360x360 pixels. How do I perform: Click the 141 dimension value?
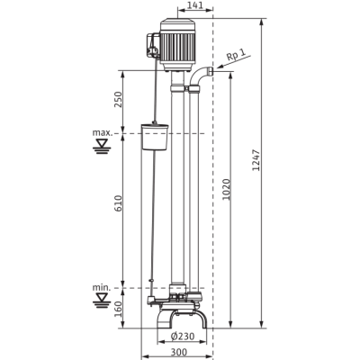pyautogui.click(x=195, y=5)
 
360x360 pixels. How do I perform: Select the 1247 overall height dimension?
pyautogui.click(x=256, y=159)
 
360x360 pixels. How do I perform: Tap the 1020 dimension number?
pyautogui.click(x=227, y=190)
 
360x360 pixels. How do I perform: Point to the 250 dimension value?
pyautogui.click(x=119, y=99)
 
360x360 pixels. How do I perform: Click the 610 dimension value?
pyautogui.click(x=119, y=203)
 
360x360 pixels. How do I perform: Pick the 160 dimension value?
pyautogui.click(x=119, y=310)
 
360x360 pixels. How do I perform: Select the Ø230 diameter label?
pyautogui.click(x=183, y=337)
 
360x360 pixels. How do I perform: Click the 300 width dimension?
pyautogui.click(x=179, y=352)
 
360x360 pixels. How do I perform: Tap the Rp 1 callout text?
pyautogui.click(x=236, y=54)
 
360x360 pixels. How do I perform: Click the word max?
pyautogui.click(x=103, y=132)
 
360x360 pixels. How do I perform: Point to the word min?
pyautogui.click(x=102, y=287)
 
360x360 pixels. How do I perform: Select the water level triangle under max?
pyautogui.click(x=102, y=145)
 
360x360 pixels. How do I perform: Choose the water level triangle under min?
pyautogui.click(x=102, y=300)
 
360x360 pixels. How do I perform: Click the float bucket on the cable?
pyautogui.click(x=155, y=137)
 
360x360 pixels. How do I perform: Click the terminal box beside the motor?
pyautogui.click(x=153, y=45)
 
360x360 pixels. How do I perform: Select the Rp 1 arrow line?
pyautogui.click(x=232, y=62)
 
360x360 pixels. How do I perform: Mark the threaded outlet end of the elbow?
pyautogui.click(x=211, y=71)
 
